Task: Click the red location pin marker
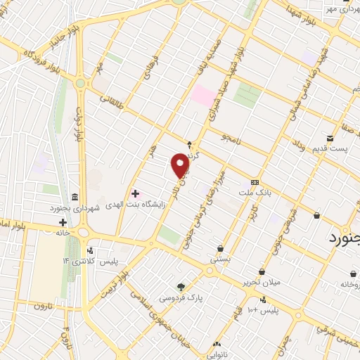click(181, 166)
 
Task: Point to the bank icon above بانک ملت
click(255, 181)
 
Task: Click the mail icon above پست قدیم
click(329, 137)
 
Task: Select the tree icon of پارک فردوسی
click(182, 286)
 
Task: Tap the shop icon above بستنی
click(221, 248)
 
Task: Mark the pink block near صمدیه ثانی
click(203, 96)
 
